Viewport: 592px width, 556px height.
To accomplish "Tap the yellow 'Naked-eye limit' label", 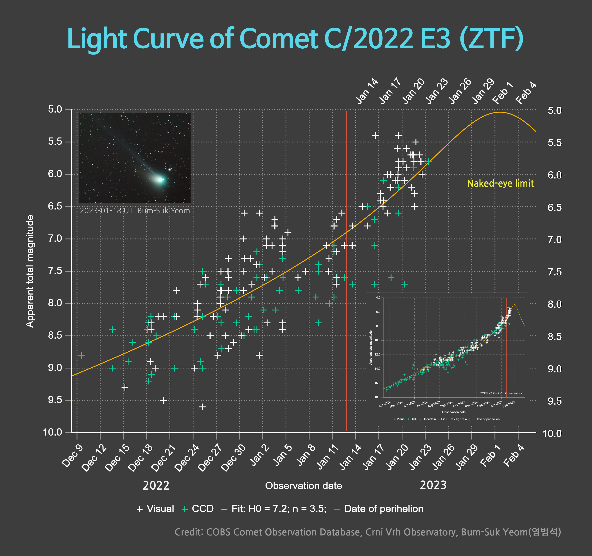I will point(500,183).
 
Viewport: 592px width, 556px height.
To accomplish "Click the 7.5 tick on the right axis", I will point(554,272).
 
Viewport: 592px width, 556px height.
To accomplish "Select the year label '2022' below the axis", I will point(156,486).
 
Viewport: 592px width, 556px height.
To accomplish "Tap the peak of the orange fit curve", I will point(500,112).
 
